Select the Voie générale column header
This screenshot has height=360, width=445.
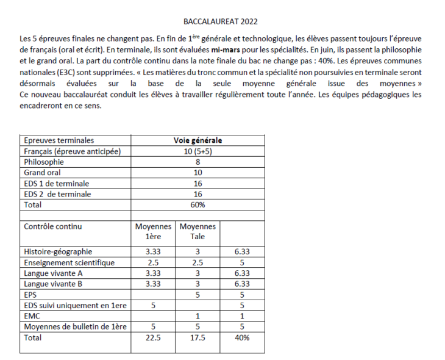pyautogui.click(x=198, y=140)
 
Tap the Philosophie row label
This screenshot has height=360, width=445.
pyautogui.click(x=44, y=162)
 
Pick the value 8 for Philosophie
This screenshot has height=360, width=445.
pyautogui.click(x=198, y=162)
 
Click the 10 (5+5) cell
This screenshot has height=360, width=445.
pyautogui.click(x=198, y=151)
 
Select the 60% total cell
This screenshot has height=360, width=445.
pyautogui.click(x=198, y=205)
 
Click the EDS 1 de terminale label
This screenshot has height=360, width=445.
pyautogui.click(x=57, y=183)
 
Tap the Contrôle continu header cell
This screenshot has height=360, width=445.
pyautogui.click(x=52, y=226)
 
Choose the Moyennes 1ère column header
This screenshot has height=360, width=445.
pyautogui.click(x=152, y=231)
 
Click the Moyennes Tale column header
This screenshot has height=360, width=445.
pyautogui.click(x=197, y=231)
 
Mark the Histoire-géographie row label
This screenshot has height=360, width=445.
pyautogui.click(x=58, y=251)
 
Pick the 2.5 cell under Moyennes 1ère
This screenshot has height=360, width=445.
pyautogui.click(x=152, y=262)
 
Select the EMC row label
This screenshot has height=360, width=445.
pyautogui.click(x=32, y=316)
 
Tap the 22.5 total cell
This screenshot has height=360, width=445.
pyautogui.click(x=152, y=337)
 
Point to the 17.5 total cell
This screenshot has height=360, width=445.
pyautogui.click(x=197, y=337)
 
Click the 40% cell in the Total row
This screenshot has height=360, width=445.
pyautogui.click(x=242, y=337)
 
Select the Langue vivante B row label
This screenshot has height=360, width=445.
pyautogui.click(x=53, y=284)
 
